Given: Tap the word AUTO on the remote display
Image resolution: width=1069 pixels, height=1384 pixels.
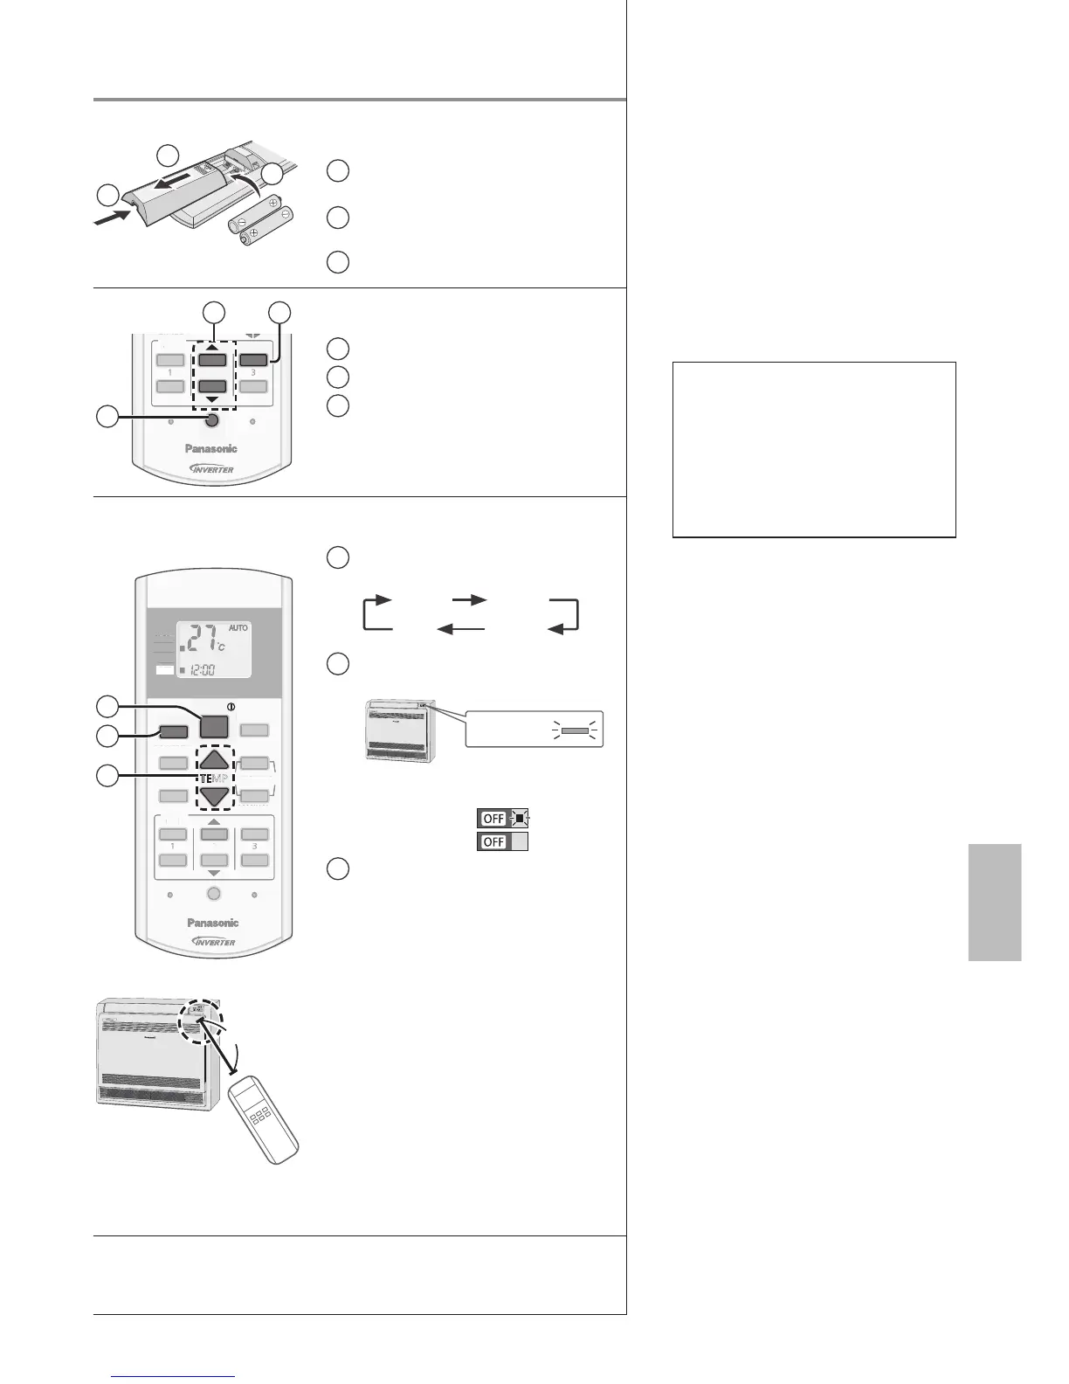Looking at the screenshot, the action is click(238, 628).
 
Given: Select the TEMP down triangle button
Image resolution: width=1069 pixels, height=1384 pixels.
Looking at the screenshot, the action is click(214, 796).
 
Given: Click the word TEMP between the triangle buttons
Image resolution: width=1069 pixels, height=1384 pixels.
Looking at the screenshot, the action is click(214, 779).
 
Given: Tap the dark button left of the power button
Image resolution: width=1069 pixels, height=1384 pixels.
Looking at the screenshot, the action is click(174, 732).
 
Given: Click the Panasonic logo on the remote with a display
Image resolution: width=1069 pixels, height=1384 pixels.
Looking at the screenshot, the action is click(213, 923).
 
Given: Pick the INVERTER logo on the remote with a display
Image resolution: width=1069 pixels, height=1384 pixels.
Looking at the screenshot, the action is click(213, 942).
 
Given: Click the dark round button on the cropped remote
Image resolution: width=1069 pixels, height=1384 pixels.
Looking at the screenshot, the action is click(212, 421).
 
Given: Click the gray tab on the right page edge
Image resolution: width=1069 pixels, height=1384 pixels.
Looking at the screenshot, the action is click(995, 902).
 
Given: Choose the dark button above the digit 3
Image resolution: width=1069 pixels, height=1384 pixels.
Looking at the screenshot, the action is click(253, 358).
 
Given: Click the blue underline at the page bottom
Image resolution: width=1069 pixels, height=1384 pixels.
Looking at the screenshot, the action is click(174, 1377).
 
